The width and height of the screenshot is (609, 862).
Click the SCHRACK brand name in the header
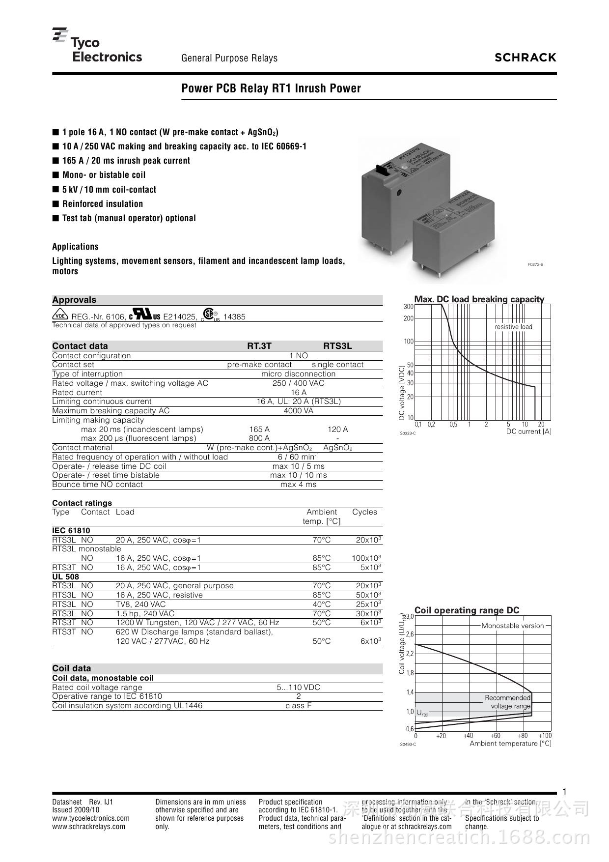[525, 57]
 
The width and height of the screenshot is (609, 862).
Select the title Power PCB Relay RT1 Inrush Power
[271, 88]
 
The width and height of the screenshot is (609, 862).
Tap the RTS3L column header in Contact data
[337, 346]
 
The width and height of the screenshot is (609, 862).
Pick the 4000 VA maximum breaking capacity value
[298, 411]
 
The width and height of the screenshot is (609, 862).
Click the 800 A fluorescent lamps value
[259, 438]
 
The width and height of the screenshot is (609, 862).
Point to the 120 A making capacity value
[337, 429]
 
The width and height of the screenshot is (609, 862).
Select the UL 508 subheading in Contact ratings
[66, 576]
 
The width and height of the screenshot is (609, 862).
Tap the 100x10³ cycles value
[366, 558]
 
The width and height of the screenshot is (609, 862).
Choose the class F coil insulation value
[298, 706]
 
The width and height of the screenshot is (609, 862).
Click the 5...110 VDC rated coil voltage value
[298, 688]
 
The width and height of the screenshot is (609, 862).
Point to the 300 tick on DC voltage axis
[409, 307]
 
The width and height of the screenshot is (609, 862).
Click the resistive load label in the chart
[513, 327]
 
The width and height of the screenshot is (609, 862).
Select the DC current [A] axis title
[528, 431]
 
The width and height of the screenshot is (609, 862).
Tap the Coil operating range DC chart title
[467, 610]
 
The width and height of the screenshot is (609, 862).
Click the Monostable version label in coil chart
[512, 626]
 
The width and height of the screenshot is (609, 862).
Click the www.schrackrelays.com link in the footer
[89, 827]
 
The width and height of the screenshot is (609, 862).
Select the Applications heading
[76, 247]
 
